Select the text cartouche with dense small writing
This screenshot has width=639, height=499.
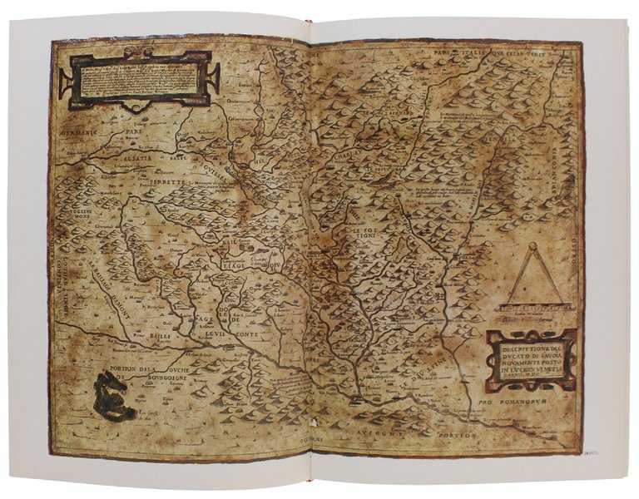(138, 79)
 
